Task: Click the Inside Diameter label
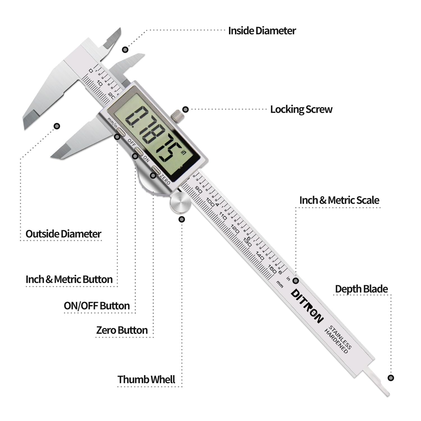(262, 31)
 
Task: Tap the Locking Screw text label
(301, 109)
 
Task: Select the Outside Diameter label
(63, 234)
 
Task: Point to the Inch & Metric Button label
(69, 279)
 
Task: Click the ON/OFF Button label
(97, 306)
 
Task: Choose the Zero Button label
(122, 330)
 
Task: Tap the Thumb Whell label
(146, 379)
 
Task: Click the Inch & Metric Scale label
(339, 200)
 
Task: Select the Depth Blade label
(361, 289)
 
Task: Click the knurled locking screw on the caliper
(176, 116)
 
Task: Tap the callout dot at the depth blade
(390, 378)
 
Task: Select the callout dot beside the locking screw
(185, 109)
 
